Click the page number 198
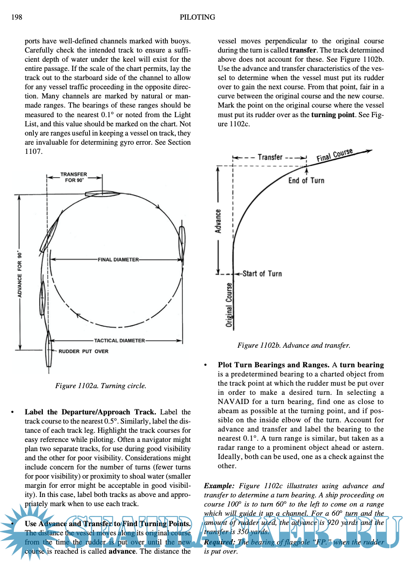point(17,17)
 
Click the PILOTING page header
point(197,17)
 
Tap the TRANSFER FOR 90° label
point(74,177)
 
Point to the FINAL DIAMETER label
point(118,260)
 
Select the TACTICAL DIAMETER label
point(120,341)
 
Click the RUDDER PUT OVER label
point(83,351)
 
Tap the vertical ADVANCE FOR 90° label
point(20,274)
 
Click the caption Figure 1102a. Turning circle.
point(101,386)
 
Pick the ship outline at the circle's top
point(102,193)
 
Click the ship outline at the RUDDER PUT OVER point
point(49,352)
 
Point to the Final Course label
point(334,155)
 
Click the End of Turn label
point(306,181)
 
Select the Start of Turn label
point(262,273)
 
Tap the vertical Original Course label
point(229,305)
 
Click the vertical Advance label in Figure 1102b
point(218,221)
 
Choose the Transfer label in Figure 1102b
point(270,157)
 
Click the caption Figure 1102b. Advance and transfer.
point(294,345)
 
